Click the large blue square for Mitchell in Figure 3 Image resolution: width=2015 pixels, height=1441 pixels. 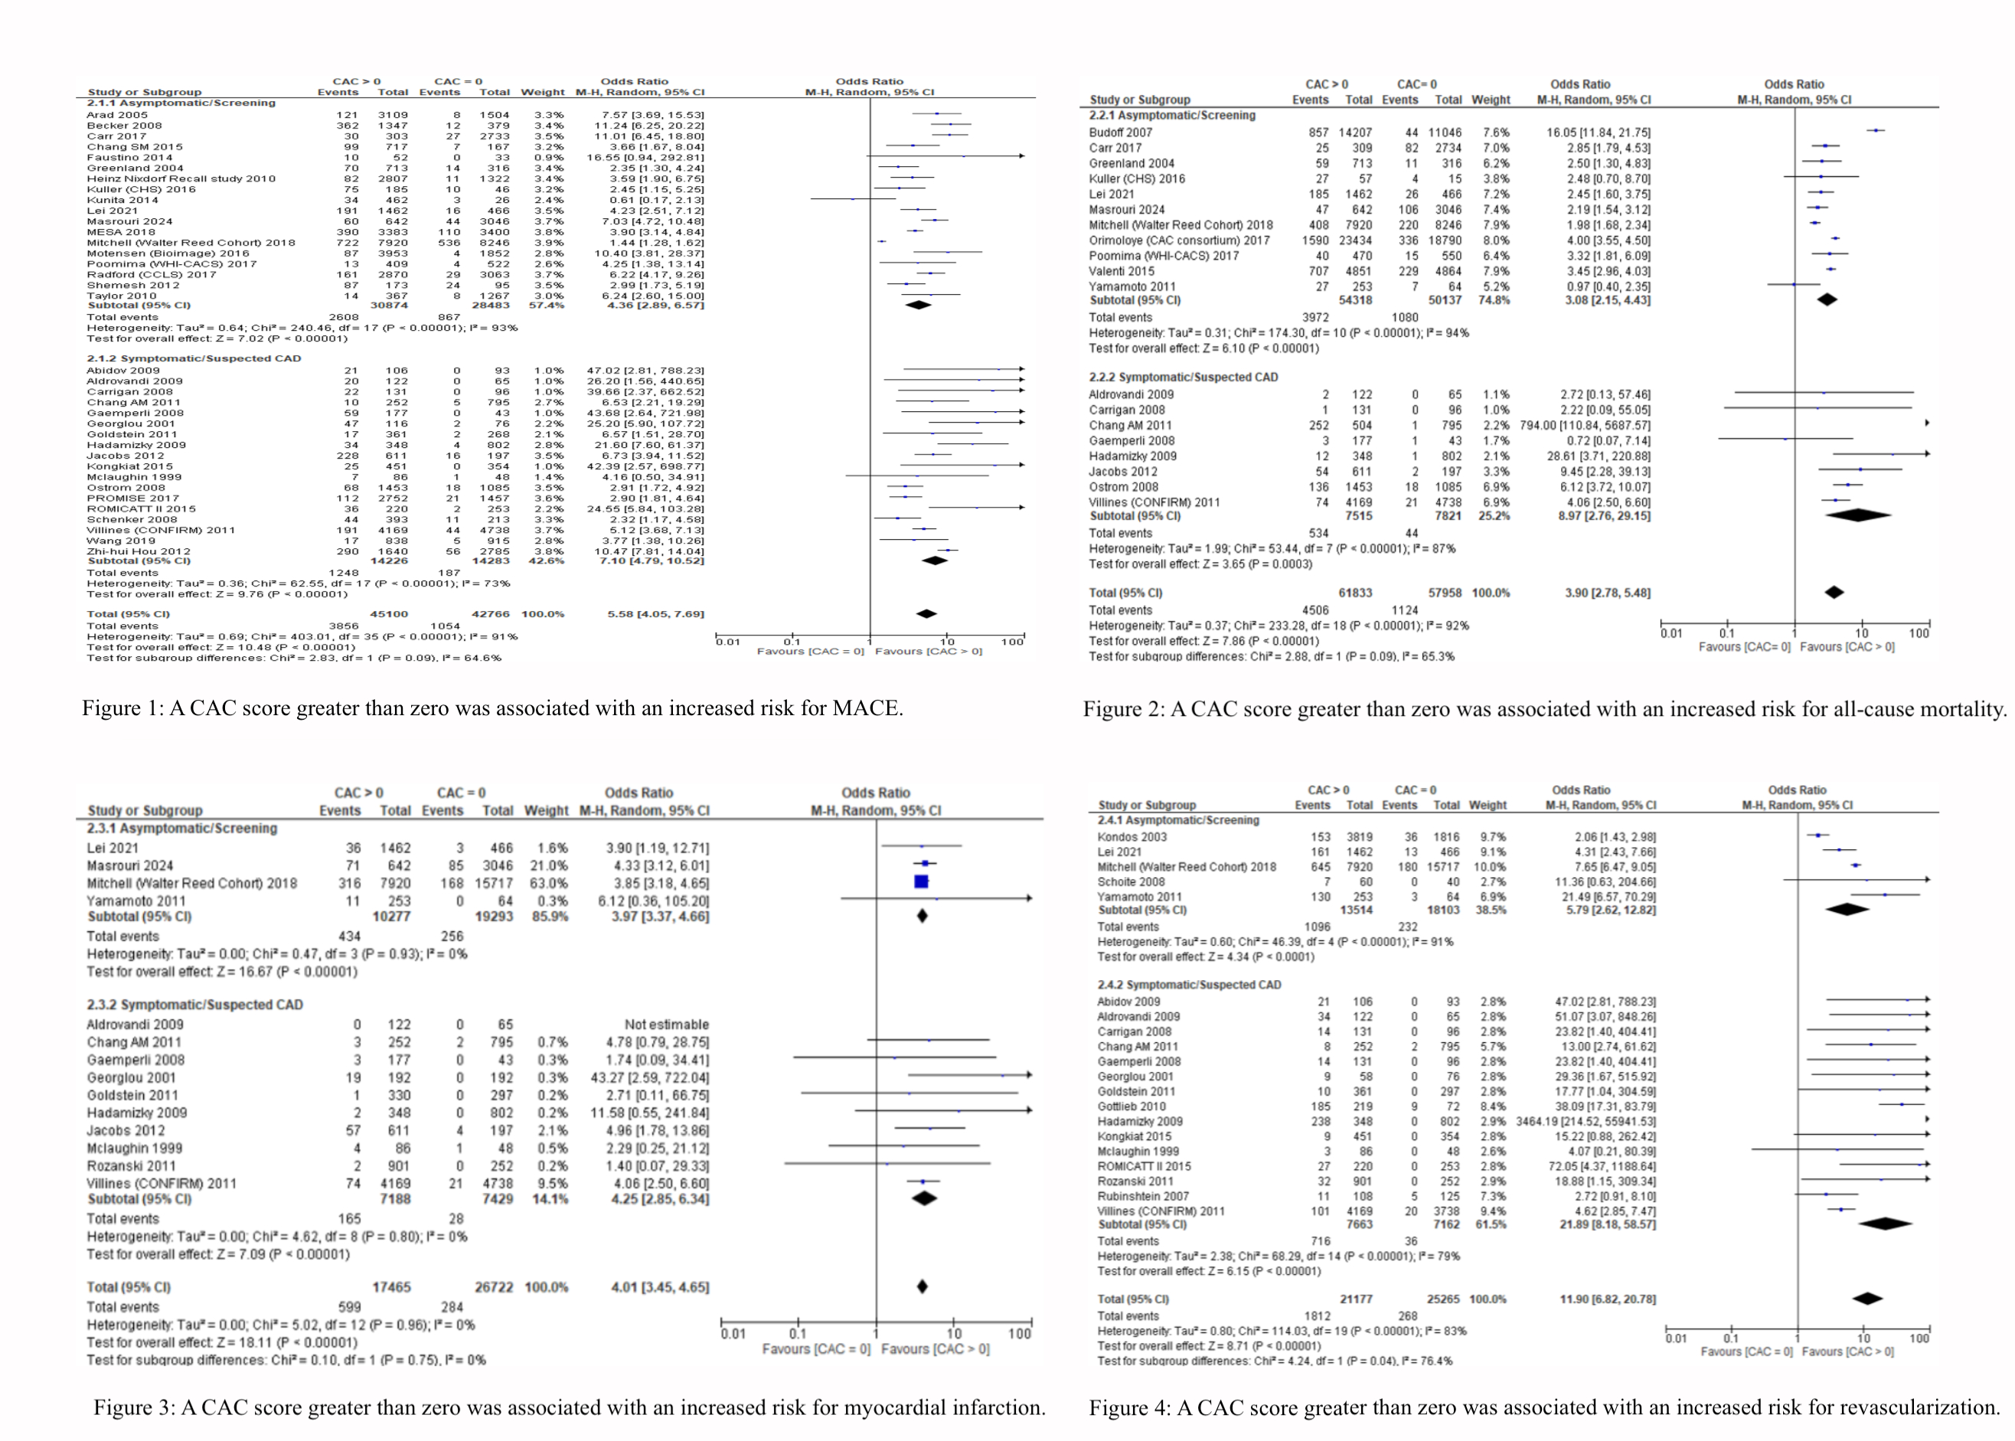point(921,882)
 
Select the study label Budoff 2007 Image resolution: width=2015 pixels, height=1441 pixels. point(1121,132)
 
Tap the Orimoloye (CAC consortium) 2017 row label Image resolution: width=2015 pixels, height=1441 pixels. point(1179,240)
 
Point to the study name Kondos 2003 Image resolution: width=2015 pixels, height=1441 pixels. point(1132,837)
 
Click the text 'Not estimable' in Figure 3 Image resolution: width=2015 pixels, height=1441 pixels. point(666,1024)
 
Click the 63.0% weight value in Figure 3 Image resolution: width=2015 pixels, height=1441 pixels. point(546,883)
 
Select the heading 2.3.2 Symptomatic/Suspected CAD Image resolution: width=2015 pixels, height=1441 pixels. point(194,1005)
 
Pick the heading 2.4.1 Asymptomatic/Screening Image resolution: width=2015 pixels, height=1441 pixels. point(1177,820)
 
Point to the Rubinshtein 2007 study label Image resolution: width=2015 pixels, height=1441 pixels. point(1143,1196)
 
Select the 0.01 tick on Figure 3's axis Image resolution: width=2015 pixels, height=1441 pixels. point(733,1334)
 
